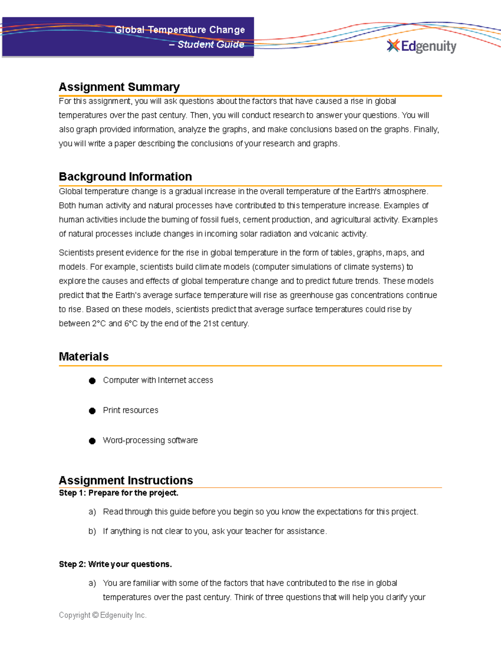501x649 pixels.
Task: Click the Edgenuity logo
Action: pos(422,46)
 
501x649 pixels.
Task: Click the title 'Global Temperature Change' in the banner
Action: pos(180,30)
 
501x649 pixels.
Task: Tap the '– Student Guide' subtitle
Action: pos(207,44)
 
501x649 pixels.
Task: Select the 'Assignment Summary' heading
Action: pos(119,87)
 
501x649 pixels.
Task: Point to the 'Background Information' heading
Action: pos(125,176)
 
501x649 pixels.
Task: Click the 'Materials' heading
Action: pos(83,356)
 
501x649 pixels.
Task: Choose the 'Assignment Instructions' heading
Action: pos(126,480)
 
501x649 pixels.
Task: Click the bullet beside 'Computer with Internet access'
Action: pos(92,381)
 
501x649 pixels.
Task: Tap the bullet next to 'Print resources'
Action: pos(92,411)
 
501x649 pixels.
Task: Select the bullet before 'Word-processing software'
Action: pos(92,441)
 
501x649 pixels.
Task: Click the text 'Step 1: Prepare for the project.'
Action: pos(119,493)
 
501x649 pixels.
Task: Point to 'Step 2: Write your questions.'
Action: pos(115,564)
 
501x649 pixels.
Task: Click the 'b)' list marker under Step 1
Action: pos(92,531)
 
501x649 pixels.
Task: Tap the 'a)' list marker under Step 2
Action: pos(92,583)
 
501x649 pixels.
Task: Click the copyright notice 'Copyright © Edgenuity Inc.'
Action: pos(103,615)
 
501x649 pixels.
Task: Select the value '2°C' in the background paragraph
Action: pos(99,323)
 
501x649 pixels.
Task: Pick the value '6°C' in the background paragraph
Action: pos(131,323)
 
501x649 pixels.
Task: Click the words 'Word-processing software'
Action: pos(150,440)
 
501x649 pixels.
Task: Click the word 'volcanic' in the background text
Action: pos(324,234)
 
